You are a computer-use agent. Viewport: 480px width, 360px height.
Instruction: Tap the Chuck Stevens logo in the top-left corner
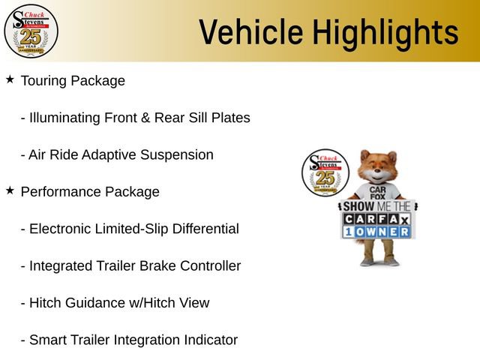[x=31, y=31]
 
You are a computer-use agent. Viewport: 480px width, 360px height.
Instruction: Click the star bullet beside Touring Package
[x=10, y=79]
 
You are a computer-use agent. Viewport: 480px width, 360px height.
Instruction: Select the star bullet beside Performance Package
[x=10, y=190]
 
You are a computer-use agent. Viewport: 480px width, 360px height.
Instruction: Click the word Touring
[x=45, y=80]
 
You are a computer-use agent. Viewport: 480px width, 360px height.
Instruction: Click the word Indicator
[x=211, y=340]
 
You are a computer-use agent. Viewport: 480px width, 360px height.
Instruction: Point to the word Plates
[x=232, y=118]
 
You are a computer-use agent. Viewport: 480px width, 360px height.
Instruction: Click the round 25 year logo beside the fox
[x=324, y=173]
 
